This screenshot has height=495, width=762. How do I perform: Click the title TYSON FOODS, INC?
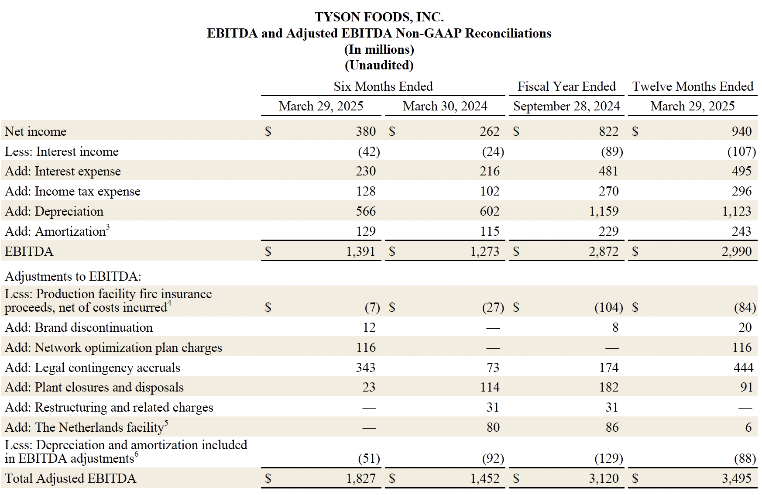click(x=379, y=17)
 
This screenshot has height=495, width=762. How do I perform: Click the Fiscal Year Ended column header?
click(x=566, y=86)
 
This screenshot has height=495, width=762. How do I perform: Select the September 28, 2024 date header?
click(x=566, y=106)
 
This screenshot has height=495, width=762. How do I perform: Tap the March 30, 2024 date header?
click(x=445, y=106)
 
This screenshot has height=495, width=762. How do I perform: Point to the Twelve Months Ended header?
click(x=693, y=86)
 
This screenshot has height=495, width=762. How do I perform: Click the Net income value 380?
click(x=365, y=131)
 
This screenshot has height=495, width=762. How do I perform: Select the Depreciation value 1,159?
click(x=604, y=211)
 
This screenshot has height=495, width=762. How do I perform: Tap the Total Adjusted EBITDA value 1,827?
click(x=360, y=478)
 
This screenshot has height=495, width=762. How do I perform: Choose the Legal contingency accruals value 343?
click(x=365, y=368)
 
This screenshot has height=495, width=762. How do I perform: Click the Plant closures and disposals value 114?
click(x=490, y=387)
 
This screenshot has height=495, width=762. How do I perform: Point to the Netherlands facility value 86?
click(x=612, y=427)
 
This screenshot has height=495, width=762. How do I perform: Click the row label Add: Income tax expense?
click(x=72, y=191)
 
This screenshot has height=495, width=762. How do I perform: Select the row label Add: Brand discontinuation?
click(x=79, y=327)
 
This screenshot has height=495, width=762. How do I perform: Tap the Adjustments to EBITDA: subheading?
click(x=73, y=276)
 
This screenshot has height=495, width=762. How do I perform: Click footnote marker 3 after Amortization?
click(x=108, y=226)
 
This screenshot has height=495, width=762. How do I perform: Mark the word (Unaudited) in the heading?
click(x=379, y=65)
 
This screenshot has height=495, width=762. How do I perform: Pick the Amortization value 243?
click(x=741, y=231)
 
